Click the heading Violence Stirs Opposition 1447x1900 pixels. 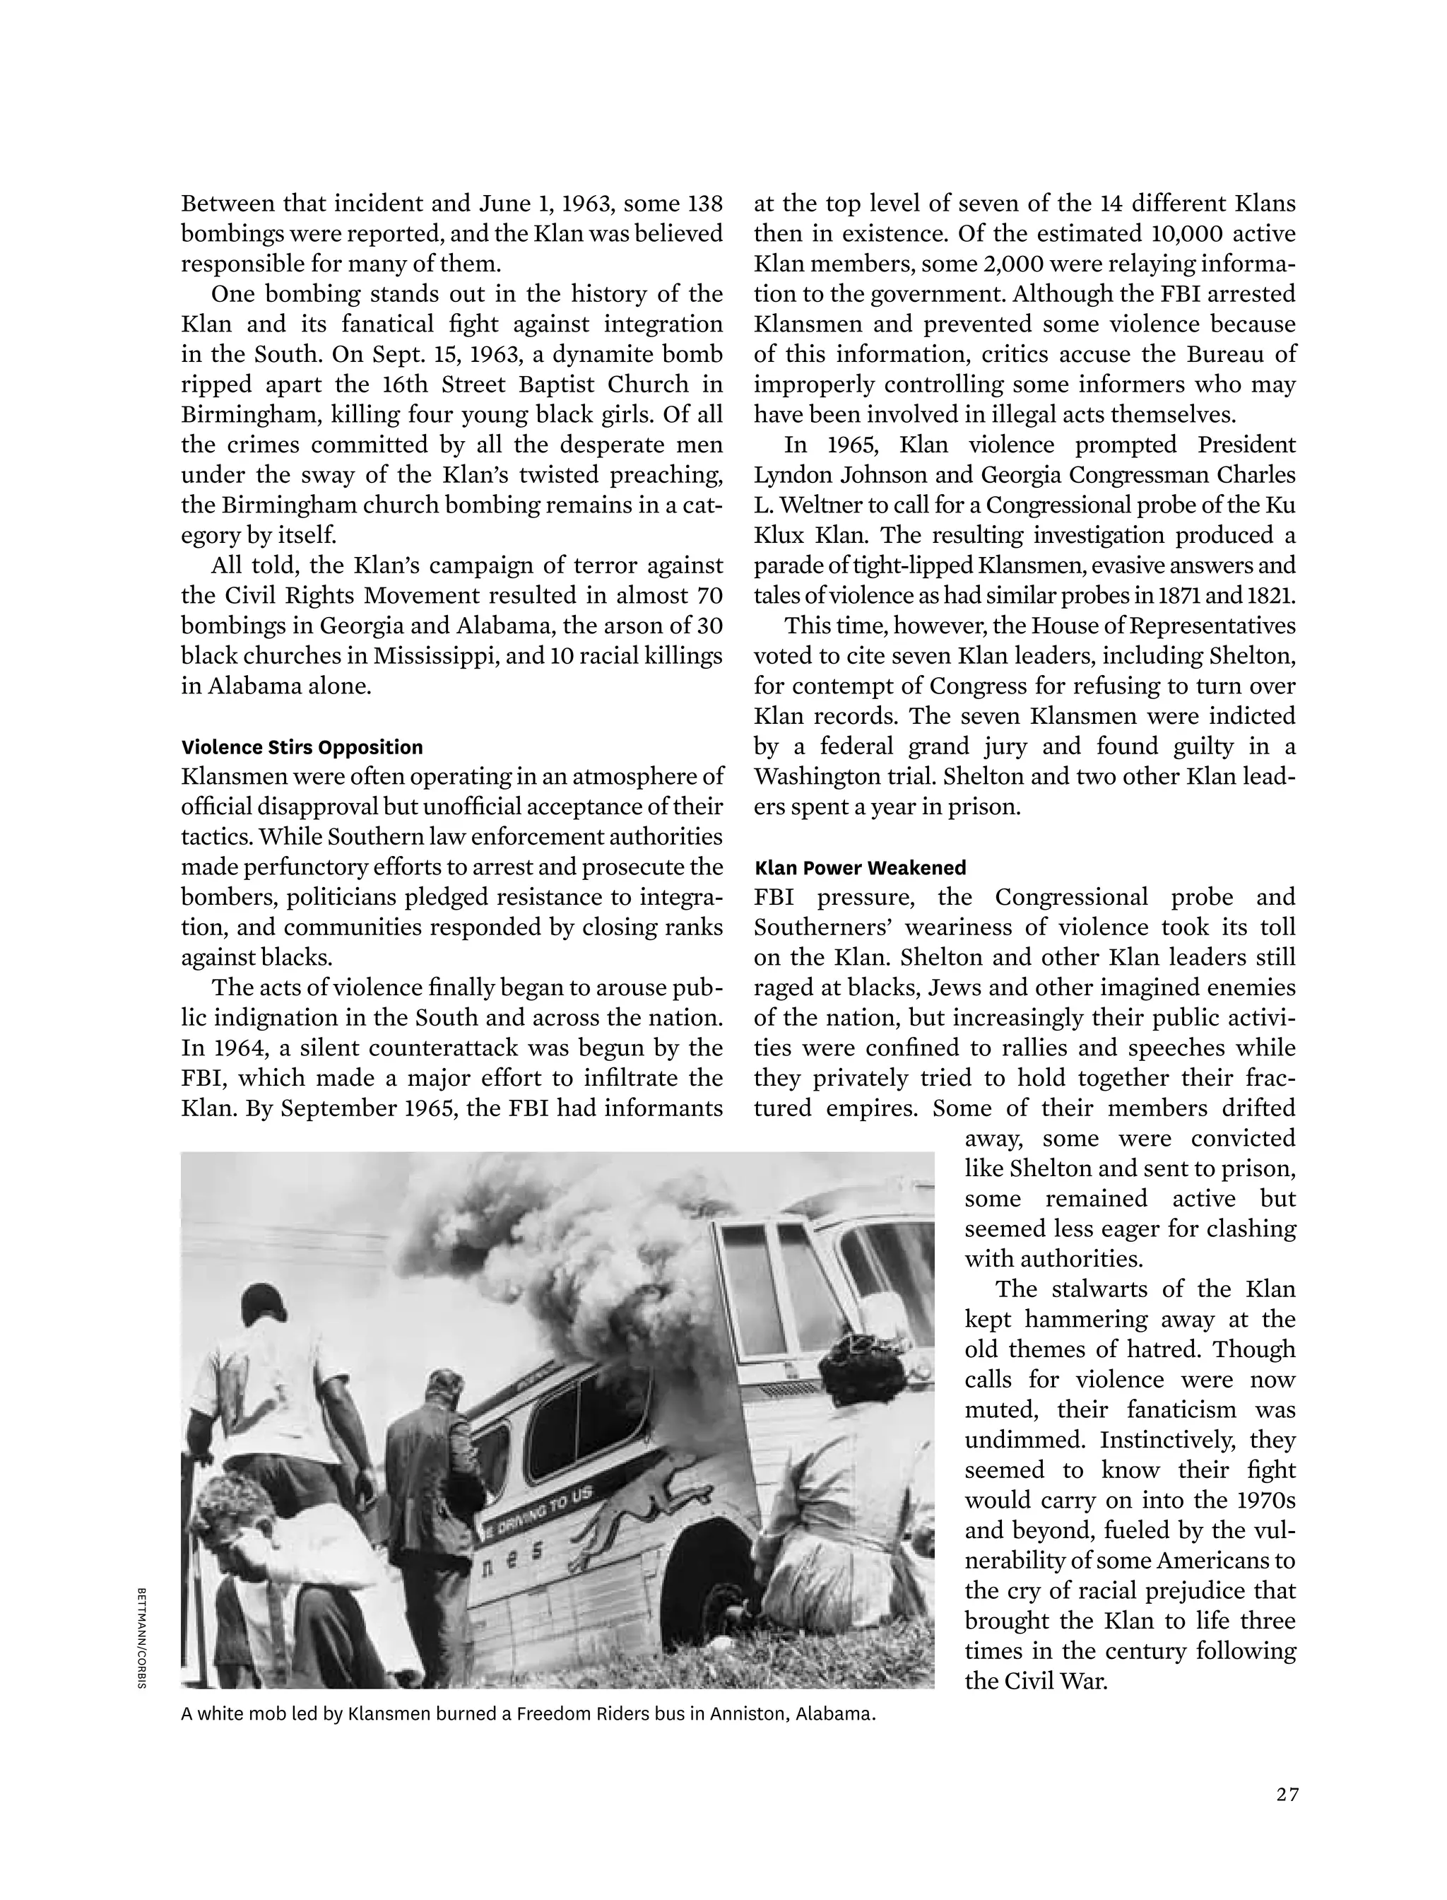click(302, 747)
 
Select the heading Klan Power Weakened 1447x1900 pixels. click(860, 868)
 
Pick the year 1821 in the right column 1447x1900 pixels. click(1270, 595)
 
